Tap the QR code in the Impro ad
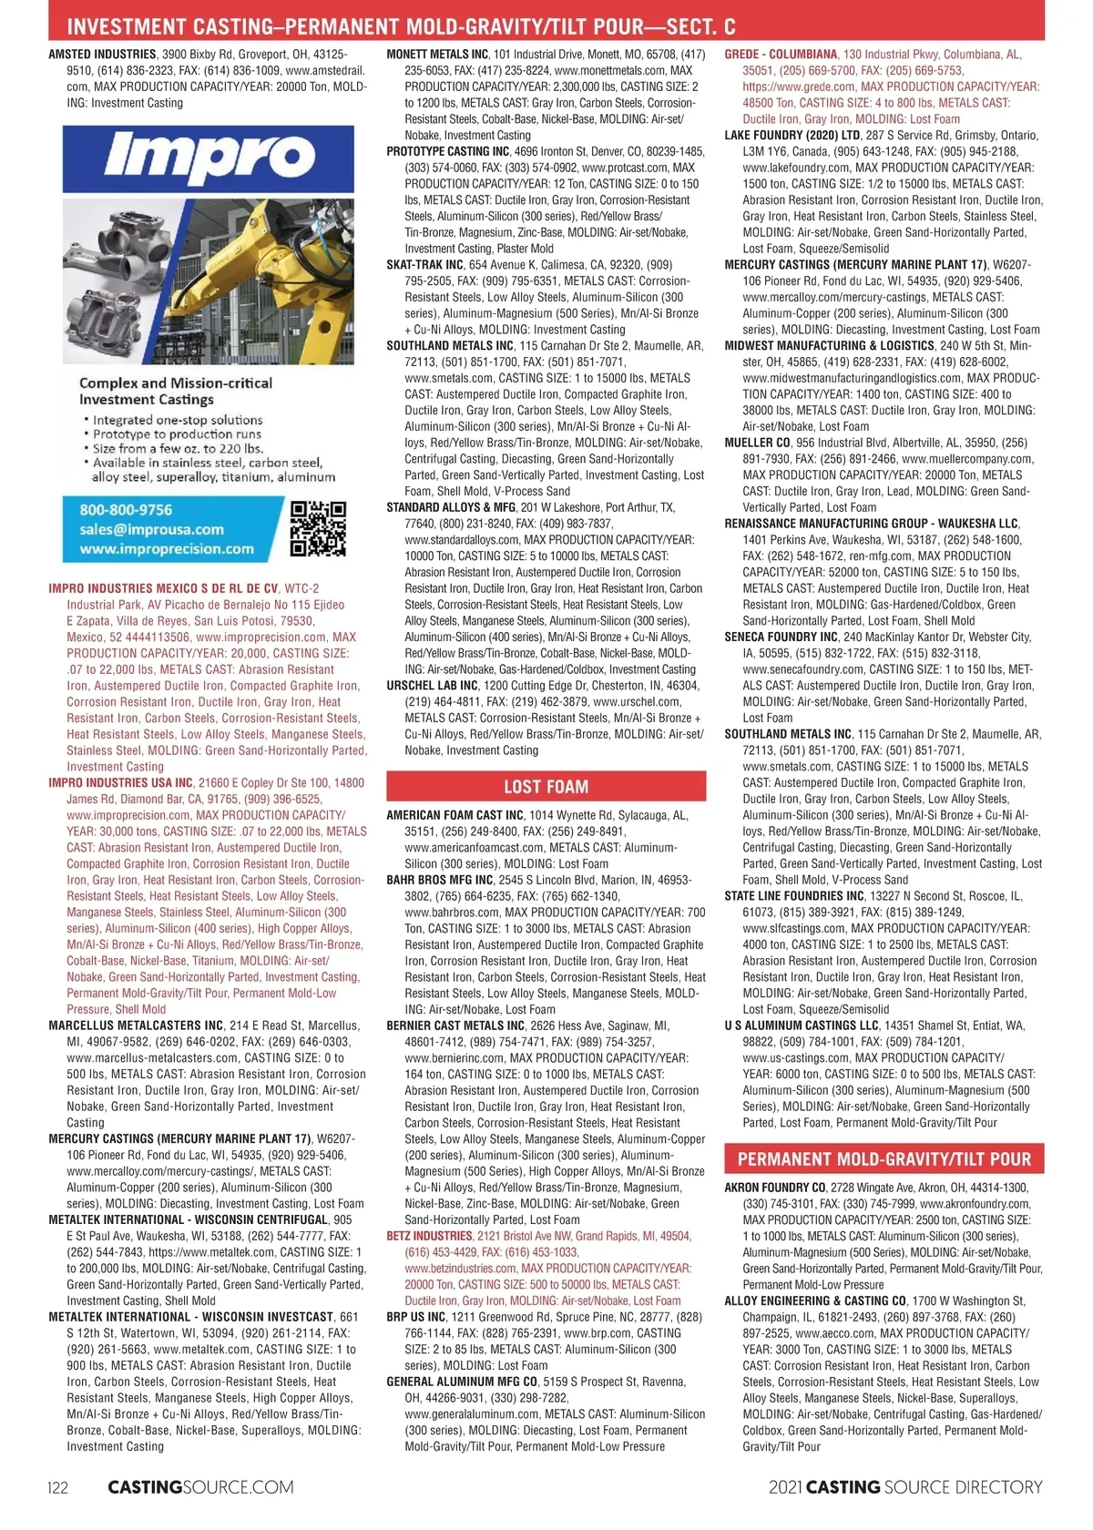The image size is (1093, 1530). coord(317,528)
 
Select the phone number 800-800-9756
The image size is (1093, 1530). coord(126,510)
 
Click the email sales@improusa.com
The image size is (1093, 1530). coord(151,529)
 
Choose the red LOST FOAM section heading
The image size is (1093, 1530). coord(546,787)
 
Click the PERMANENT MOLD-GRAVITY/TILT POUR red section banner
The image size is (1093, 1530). coord(884,1159)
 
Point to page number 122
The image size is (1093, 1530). coord(57,1488)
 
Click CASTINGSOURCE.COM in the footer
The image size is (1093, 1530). coord(200,1488)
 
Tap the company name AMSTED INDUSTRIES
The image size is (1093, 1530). coord(102,55)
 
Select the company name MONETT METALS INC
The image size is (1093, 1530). coord(437,55)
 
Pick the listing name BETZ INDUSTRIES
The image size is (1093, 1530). coord(429,1236)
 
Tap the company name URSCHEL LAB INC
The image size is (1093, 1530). coord(433,686)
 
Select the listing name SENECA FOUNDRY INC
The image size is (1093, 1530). coord(781,637)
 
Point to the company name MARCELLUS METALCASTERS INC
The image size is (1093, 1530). coord(136,1025)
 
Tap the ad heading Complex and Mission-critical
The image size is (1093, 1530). coord(176,383)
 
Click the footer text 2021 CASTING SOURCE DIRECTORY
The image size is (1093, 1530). coord(905,1488)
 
